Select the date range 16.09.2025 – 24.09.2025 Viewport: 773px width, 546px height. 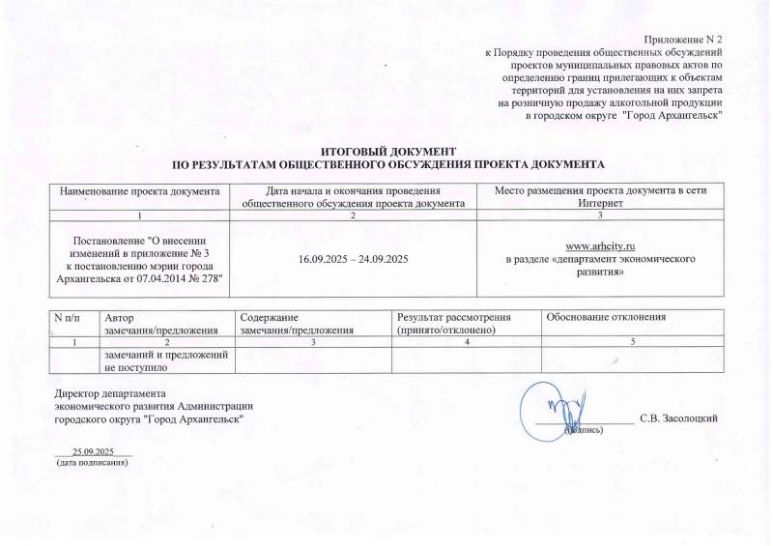coord(359,260)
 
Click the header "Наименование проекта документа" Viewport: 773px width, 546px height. coord(141,189)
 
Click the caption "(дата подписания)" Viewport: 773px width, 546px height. coord(93,463)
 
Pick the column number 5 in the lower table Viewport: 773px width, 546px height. coord(632,343)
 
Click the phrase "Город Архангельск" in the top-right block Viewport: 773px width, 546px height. coord(673,115)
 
